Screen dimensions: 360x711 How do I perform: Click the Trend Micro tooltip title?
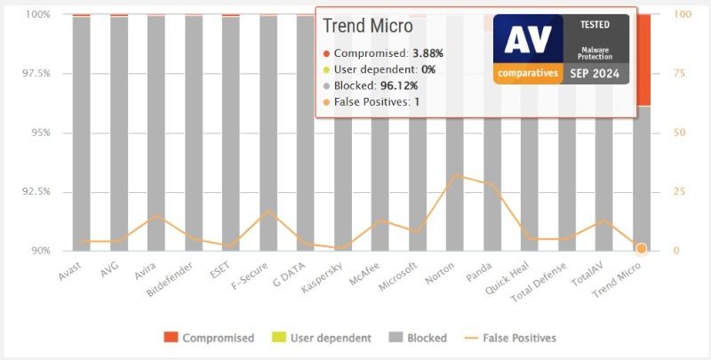point(367,27)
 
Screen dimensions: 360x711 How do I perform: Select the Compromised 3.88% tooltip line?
point(383,53)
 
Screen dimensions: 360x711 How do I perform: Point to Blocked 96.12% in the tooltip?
point(374,86)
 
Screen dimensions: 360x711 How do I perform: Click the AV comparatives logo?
point(528,49)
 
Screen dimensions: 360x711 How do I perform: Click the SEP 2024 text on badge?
point(595,74)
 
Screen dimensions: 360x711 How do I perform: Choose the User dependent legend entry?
point(322,338)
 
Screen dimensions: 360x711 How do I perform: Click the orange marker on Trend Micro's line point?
point(641,249)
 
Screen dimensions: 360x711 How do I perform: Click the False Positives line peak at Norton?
point(455,175)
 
